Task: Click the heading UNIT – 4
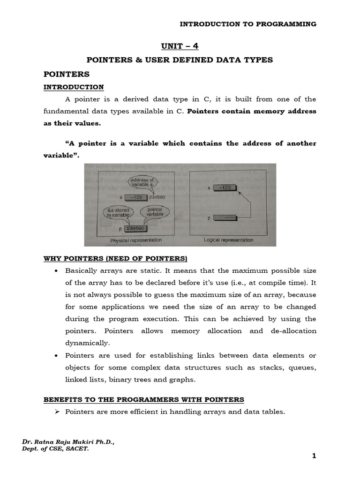[x=180, y=46]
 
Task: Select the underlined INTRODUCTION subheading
[x=74, y=87]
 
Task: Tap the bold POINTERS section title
[x=66, y=75]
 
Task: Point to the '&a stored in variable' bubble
[x=117, y=213]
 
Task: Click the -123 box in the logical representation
[x=225, y=187]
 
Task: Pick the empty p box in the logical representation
[x=225, y=217]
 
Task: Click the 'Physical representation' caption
[x=136, y=240]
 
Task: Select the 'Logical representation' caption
[x=228, y=240]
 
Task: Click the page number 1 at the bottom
[x=314, y=456]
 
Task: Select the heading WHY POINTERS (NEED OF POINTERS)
[x=115, y=259]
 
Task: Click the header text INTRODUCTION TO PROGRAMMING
[x=248, y=24]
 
